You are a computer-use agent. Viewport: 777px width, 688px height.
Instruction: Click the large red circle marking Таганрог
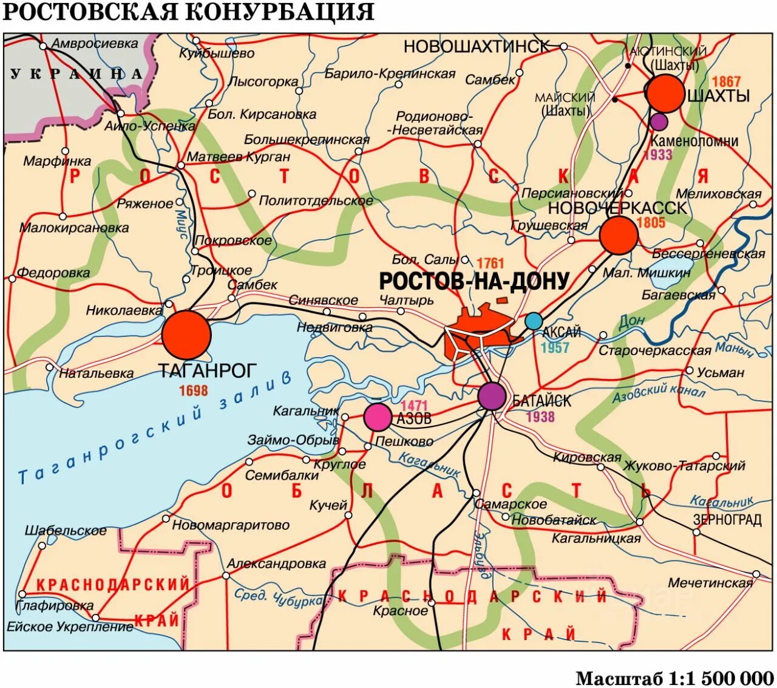(186, 335)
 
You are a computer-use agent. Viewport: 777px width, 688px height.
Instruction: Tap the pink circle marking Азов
(378, 417)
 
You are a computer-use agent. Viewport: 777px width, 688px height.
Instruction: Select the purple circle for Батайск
(492, 396)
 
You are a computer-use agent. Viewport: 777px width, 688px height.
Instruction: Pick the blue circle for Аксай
(534, 321)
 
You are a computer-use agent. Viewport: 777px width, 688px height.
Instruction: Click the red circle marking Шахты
(665, 94)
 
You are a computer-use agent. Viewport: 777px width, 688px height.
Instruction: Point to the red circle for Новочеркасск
(619, 235)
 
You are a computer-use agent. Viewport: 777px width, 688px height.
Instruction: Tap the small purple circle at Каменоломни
(659, 121)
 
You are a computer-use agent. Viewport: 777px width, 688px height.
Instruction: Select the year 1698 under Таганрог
(193, 390)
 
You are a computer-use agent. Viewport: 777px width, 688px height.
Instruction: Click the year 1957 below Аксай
(555, 348)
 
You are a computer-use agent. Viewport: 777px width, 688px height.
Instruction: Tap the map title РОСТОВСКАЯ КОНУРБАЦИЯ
(189, 12)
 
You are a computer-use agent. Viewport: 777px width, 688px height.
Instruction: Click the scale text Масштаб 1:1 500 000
(674, 678)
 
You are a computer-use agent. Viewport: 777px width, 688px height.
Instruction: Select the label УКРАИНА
(76, 74)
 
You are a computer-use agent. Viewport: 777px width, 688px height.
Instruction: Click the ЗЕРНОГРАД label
(727, 520)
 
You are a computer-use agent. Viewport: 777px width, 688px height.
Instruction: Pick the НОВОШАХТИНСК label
(476, 46)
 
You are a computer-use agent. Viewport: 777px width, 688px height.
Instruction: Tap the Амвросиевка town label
(95, 44)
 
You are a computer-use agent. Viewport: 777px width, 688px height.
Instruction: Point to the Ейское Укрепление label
(70, 627)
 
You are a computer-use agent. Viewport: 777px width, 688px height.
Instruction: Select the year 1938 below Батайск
(540, 417)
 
